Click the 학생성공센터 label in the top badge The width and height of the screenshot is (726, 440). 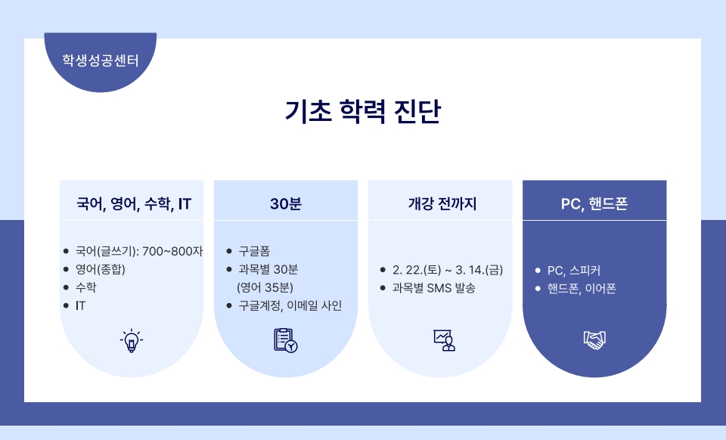(101, 60)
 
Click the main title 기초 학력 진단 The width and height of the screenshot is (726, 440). (362, 111)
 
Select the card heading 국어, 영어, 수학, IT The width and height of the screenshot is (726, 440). (133, 204)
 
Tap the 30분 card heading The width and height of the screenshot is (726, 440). (286, 204)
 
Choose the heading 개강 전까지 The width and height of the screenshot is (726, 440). (442, 203)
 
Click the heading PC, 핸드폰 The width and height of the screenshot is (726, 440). (594, 204)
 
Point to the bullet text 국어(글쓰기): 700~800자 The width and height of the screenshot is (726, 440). (139, 251)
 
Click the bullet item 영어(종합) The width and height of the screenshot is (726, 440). (101, 269)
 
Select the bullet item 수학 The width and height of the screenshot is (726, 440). (85, 287)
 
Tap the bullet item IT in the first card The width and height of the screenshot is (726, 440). (80, 305)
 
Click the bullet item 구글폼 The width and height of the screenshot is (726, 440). (254, 251)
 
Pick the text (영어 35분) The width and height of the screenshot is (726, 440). (265, 287)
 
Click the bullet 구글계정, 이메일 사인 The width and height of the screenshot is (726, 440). (290, 305)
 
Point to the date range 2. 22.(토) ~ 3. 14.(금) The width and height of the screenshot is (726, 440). (448, 270)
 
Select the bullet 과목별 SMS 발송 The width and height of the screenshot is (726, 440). (434, 288)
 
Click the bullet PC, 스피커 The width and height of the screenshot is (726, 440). (574, 270)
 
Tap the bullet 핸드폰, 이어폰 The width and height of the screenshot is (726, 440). (582, 288)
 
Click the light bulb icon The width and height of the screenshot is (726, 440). (132, 340)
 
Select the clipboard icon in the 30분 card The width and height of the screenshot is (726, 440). (286, 340)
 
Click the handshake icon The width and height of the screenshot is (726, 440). (594, 340)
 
